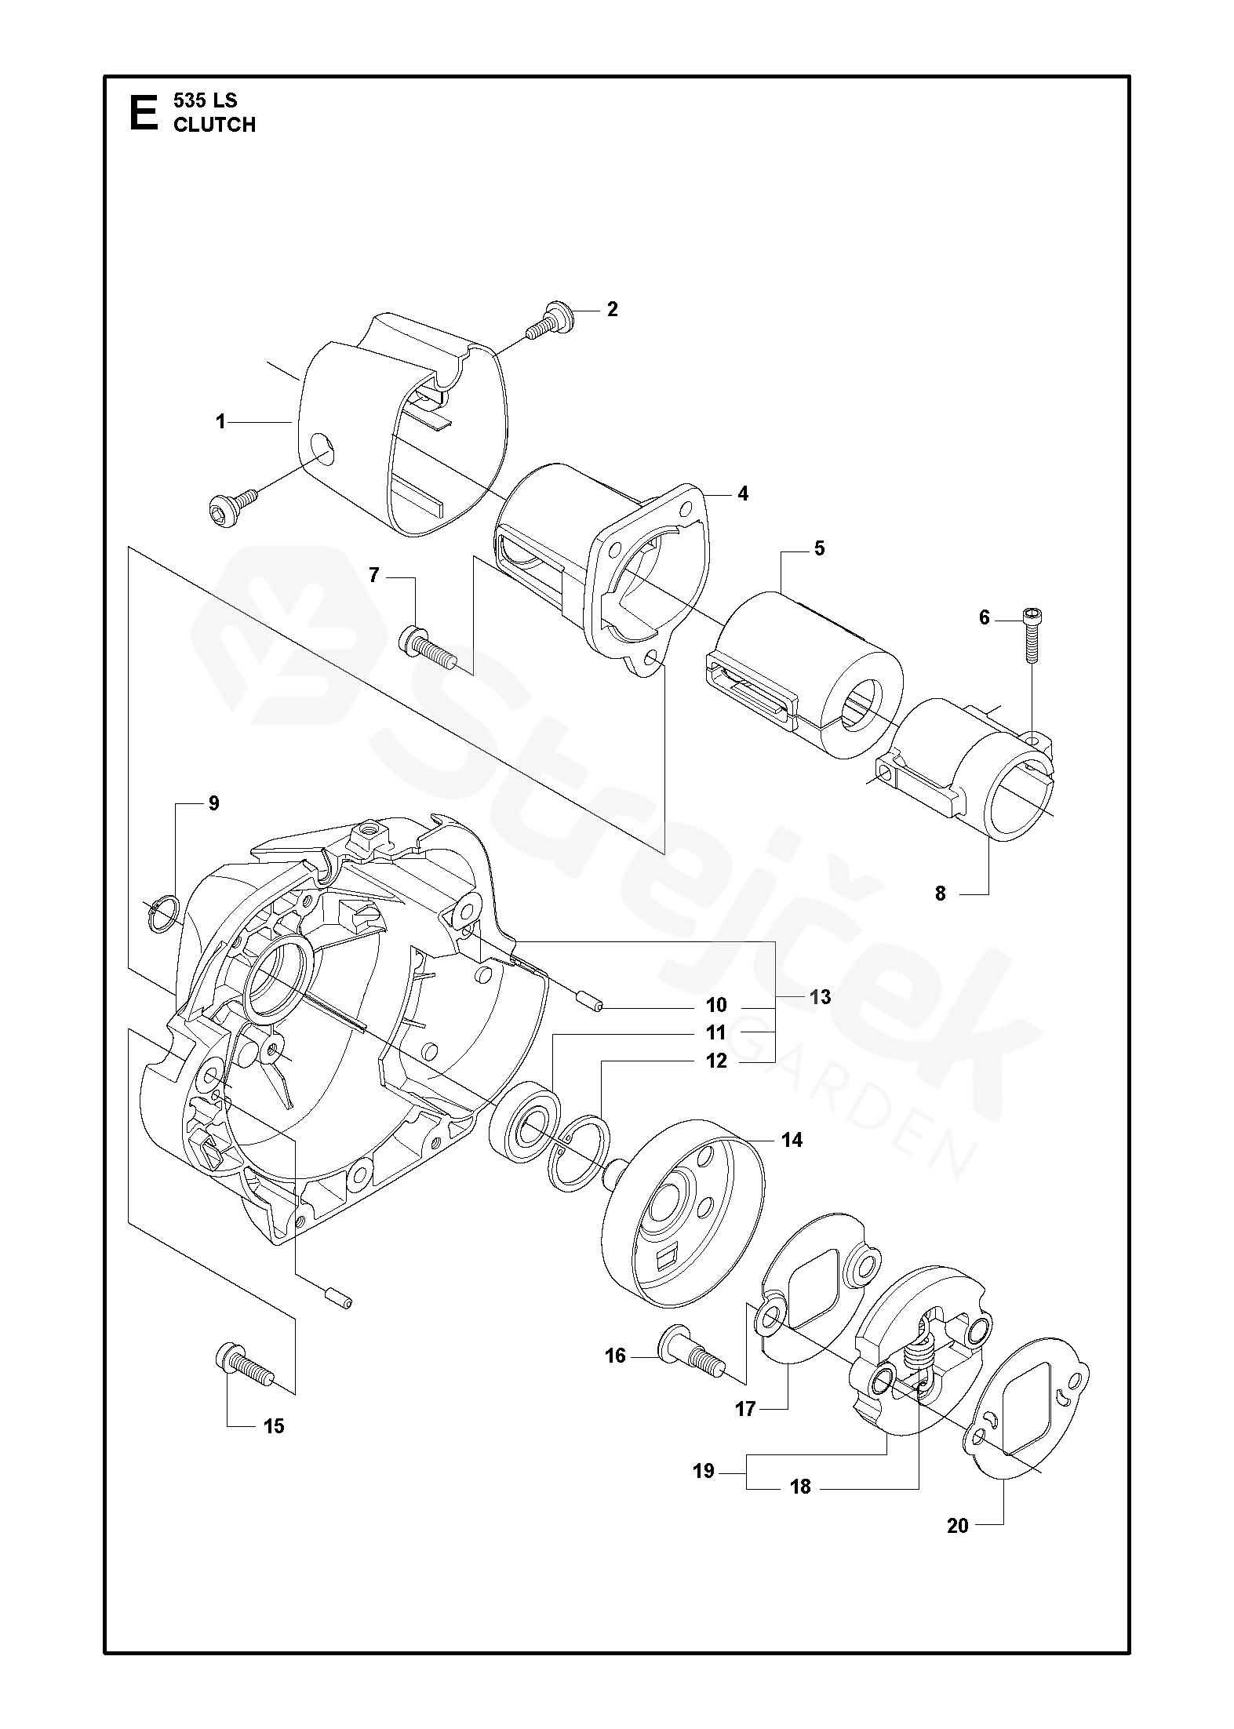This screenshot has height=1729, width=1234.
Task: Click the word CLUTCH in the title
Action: coord(214,125)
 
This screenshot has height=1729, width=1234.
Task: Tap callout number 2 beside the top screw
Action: coord(612,309)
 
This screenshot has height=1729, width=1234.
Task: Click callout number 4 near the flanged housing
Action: coord(742,493)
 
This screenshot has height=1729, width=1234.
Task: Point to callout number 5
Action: coord(819,548)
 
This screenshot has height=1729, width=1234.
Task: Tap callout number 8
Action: coord(941,893)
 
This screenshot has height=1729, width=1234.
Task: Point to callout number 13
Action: coord(820,997)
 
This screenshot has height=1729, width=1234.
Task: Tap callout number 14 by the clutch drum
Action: coord(792,1140)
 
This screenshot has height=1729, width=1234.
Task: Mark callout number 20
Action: coord(957,1526)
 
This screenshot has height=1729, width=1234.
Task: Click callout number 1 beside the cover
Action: coord(220,422)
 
